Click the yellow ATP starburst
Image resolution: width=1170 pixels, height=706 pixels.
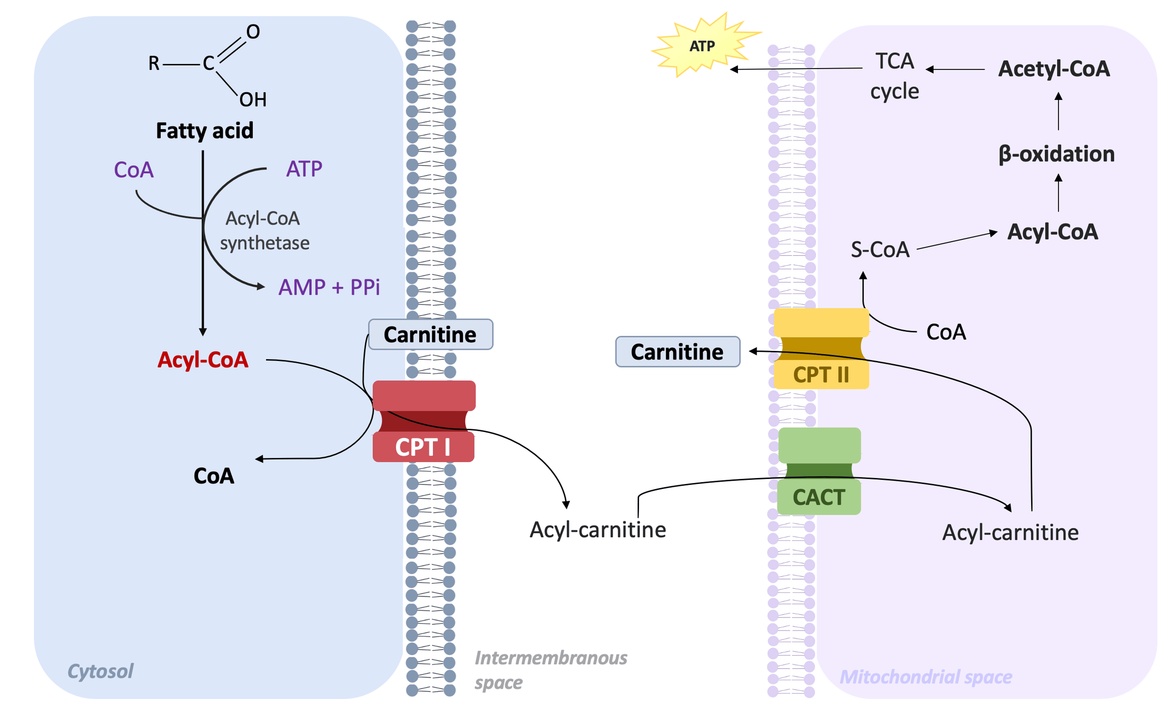pyautogui.click(x=703, y=46)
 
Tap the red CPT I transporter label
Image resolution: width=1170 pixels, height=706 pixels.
pyautogui.click(x=423, y=447)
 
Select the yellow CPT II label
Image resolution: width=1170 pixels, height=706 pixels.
pyautogui.click(x=821, y=375)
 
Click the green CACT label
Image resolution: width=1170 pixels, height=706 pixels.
pyautogui.click(x=819, y=497)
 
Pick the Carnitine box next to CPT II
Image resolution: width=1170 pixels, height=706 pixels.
pyautogui.click(x=677, y=351)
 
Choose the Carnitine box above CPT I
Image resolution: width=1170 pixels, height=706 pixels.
pyautogui.click(x=430, y=335)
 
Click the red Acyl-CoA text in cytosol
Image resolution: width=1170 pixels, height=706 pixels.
pyautogui.click(x=203, y=360)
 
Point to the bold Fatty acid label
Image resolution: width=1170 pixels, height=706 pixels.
pyautogui.click(x=205, y=131)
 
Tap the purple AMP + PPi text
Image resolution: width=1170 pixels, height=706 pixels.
pyautogui.click(x=329, y=287)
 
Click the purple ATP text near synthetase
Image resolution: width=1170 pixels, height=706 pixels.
pyautogui.click(x=304, y=169)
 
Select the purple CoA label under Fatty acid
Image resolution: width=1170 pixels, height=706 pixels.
pyautogui.click(x=134, y=170)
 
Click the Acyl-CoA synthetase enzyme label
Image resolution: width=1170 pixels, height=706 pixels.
pyautogui.click(x=264, y=231)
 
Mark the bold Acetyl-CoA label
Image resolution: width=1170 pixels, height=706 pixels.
pyautogui.click(x=1054, y=69)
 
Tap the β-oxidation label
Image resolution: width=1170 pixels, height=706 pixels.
pyautogui.click(x=1057, y=154)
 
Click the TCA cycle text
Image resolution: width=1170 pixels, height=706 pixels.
pyautogui.click(x=895, y=76)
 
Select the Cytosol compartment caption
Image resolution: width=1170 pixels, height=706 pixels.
pyautogui.click(x=100, y=671)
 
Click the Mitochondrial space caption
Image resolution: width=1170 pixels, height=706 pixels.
pyautogui.click(x=925, y=676)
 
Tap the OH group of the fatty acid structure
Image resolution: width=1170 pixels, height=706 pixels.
pyautogui.click(x=253, y=100)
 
